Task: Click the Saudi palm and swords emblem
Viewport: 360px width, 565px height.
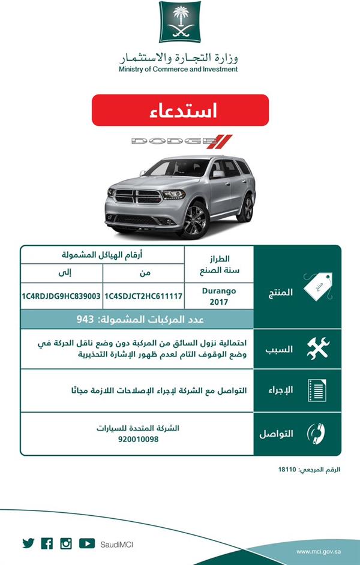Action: [x=180, y=22]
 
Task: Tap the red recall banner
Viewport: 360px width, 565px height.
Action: [x=180, y=110]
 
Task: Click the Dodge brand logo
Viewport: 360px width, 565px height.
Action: [x=181, y=142]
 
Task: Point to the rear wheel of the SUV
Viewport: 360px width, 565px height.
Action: [x=245, y=208]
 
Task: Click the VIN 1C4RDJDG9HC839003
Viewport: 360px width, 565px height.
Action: [x=62, y=296]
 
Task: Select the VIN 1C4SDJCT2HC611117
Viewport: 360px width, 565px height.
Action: [x=143, y=296]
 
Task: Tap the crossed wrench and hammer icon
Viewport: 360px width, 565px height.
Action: [x=317, y=348]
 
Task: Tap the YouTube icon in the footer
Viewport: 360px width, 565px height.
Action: [x=86, y=543]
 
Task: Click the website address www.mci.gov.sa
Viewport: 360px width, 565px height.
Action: [x=319, y=551]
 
